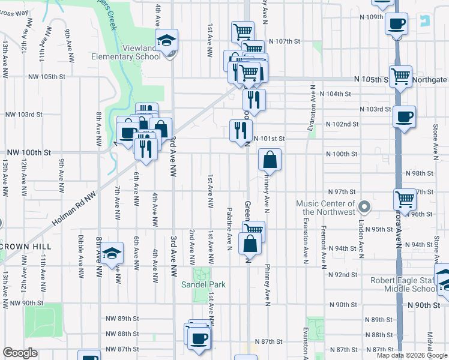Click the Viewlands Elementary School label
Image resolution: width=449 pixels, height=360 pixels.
(125, 52)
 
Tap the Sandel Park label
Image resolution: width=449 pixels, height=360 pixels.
(204, 284)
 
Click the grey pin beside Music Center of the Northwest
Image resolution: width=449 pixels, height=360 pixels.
(363, 208)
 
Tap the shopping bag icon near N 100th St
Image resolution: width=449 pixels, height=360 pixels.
(270, 160)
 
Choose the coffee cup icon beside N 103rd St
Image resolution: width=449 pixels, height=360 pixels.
(404, 116)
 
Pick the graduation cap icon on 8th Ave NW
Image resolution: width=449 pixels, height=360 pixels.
(112, 254)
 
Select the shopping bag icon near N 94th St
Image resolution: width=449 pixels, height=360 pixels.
(250, 244)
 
